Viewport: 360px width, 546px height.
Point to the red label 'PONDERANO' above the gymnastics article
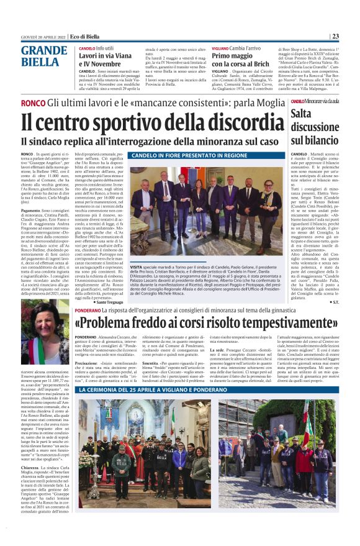(89, 310)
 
